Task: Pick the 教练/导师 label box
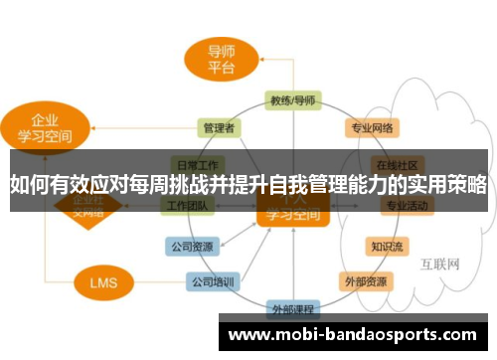point(292,100)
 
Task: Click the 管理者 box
point(218,127)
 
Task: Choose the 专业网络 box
point(372,128)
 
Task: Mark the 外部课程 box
point(291,308)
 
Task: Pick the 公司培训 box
point(213,281)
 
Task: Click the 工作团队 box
point(186,206)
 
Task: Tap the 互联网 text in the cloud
point(438,265)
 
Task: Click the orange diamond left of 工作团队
point(75,206)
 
